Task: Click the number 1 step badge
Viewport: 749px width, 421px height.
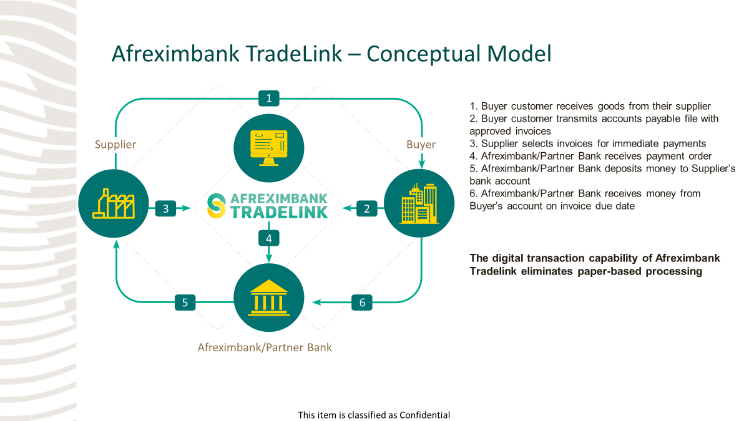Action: click(x=268, y=98)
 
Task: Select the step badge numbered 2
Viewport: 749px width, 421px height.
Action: click(x=367, y=209)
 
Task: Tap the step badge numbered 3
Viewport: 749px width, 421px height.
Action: click(x=165, y=209)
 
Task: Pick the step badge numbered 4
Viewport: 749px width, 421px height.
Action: click(x=268, y=238)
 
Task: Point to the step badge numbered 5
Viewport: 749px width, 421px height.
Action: click(x=185, y=302)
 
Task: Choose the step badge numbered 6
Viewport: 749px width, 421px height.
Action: click(x=362, y=302)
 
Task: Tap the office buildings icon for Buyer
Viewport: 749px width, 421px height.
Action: click(x=419, y=203)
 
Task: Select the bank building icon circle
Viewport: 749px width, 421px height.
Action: click(x=268, y=298)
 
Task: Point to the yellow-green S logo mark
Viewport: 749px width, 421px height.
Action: click(x=217, y=206)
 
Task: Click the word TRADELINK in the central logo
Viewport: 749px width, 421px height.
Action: click(x=279, y=212)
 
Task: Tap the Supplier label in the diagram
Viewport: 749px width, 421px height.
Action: click(x=115, y=145)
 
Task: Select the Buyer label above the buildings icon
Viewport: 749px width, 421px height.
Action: click(x=421, y=145)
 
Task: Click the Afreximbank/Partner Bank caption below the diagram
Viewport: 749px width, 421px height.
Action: click(x=265, y=347)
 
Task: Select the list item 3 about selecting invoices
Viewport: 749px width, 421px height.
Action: click(x=587, y=143)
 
